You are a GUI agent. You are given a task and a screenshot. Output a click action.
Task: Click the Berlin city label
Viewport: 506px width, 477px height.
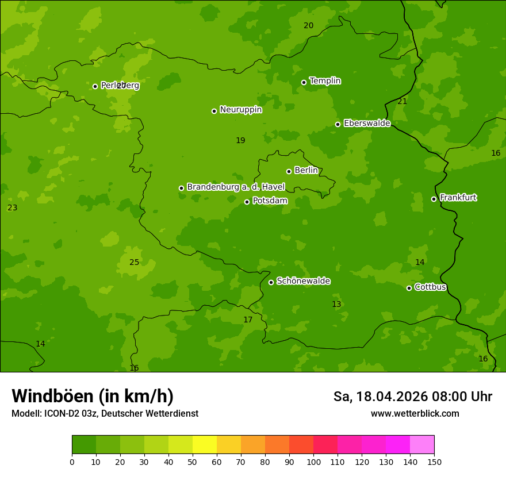[306, 171]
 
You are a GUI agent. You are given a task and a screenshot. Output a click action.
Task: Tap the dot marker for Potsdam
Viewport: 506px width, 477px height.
[247, 202]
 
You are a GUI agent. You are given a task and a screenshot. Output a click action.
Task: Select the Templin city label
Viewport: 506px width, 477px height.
[325, 81]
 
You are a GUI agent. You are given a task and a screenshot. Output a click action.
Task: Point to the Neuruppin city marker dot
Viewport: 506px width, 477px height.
[214, 111]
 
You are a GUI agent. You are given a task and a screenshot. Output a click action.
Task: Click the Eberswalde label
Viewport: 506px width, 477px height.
[367, 124]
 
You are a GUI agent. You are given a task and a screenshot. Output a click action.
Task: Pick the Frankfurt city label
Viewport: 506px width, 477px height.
[458, 198]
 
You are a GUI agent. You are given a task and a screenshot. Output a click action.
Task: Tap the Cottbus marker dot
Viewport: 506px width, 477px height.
[409, 288]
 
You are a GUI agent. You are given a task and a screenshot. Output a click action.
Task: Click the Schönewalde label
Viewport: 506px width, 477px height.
[303, 281]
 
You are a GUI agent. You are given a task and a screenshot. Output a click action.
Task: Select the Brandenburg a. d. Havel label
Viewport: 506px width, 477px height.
[236, 187]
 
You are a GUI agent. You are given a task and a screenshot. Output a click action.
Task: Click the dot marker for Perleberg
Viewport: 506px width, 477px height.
[95, 86]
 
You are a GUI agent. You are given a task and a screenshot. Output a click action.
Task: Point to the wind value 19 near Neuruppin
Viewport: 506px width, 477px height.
[240, 141]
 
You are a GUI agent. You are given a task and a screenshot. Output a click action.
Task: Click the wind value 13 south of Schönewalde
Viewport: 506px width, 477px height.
[336, 305]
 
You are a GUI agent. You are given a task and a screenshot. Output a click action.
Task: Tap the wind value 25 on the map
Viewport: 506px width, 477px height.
[134, 263]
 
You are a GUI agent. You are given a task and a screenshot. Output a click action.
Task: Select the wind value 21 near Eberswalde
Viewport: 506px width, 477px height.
[402, 102]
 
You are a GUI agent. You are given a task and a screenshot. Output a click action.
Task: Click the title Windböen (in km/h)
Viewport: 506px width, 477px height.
[93, 396]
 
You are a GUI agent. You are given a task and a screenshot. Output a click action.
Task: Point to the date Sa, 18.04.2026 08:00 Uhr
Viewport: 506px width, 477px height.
[412, 397]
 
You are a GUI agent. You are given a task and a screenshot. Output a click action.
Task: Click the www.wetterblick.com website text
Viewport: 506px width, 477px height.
[415, 414]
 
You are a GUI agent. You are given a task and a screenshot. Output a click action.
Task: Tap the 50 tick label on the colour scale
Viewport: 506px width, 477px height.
[193, 461]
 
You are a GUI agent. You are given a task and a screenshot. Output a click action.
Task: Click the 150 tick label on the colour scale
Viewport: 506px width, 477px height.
[434, 461]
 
